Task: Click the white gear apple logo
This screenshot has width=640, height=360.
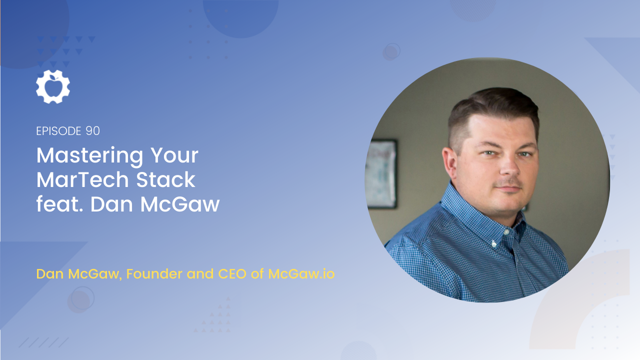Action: coord(53,86)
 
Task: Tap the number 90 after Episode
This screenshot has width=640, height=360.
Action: coord(92,131)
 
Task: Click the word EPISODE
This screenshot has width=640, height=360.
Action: coord(58,131)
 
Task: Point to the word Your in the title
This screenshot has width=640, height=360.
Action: coord(174,155)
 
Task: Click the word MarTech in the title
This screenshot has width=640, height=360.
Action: coord(82,180)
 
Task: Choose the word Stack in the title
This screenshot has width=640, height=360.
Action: coord(165,180)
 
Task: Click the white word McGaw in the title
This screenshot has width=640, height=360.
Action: coord(179,204)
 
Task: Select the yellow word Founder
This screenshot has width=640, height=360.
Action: coord(154,273)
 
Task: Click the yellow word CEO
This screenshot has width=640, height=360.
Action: coord(232,273)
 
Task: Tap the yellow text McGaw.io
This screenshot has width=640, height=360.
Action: coord(301,273)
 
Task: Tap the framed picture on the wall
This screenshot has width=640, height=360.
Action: coord(381,173)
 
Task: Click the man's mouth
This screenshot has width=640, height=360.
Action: coord(509,188)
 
